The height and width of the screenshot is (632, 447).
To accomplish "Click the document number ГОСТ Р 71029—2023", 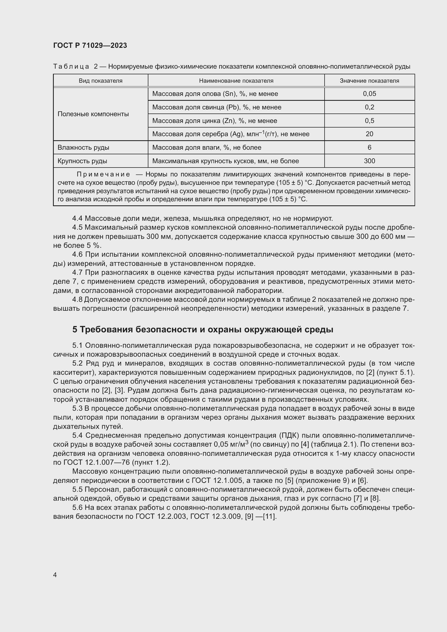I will click(x=90, y=45).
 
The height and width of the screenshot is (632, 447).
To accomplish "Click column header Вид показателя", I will click(x=101, y=81).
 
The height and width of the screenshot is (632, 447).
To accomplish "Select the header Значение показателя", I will click(x=369, y=81).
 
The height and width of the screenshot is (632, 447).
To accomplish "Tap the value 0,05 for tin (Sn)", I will click(x=369, y=94).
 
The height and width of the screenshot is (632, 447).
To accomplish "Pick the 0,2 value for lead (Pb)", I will click(x=369, y=107).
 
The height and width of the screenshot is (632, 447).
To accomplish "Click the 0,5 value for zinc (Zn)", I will click(x=369, y=121).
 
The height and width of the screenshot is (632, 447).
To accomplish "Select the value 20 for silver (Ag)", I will click(x=369, y=134).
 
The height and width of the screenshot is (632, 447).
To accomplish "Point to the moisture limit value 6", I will click(x=369, y=148).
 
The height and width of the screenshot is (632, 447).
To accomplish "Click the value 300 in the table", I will click(x=369, y=161).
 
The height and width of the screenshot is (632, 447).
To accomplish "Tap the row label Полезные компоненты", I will click(x=93, y=114).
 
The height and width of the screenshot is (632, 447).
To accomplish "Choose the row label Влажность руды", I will click(x=83, y=148).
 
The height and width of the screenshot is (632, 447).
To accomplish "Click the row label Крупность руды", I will click(x=82, y=161).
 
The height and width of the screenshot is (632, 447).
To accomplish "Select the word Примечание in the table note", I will click(x=103, y=175).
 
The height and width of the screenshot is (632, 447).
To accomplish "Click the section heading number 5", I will click(x=75, y=329).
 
